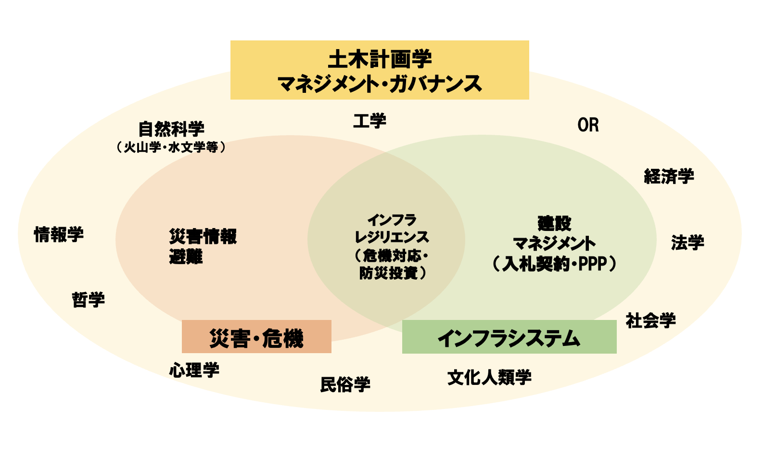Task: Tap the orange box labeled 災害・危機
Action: coord(256,337)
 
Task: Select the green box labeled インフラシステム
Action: coord(509,337)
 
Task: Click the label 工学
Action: coord(369,121)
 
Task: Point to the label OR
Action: coord(588,125)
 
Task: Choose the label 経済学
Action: coord(669,177)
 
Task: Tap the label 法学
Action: coord(688,242)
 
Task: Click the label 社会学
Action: coord(650,320)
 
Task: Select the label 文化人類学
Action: coord(489,378)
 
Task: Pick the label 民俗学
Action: coord(345,384)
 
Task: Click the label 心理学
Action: coord(194,370)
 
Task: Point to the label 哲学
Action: coord(88,300)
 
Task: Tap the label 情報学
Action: coord(59,235)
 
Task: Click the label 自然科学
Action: coord(171,129)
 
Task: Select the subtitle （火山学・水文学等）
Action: coord(171,147)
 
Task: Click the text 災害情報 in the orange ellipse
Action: coord(203,236)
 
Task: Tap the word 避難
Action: coord(186,257)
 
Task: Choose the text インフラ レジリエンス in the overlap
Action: coord(392,229)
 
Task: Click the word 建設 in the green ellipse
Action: coord(554,223)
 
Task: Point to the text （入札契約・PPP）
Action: coord(554,264)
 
